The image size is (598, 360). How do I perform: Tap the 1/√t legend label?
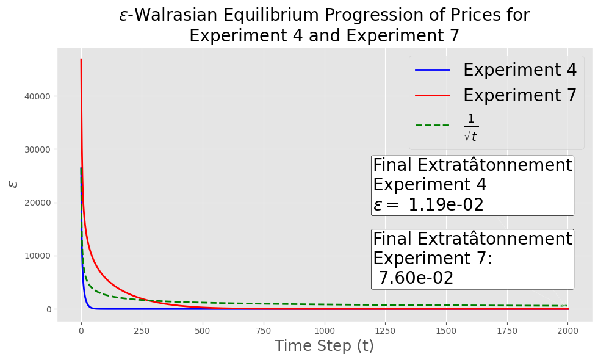pyautogui.click(x=471, y=128)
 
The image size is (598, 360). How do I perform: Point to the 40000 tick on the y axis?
pyautogui.click(x=37, y=96)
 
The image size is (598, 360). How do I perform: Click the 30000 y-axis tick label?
pyautogui.click(x=37, y=150)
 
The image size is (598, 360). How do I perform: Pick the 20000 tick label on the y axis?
pyautogui.click(x=37, y=203)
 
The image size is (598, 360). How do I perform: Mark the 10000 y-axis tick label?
pyautogui.click(x=37, y=256)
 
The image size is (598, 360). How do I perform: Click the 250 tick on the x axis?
pyautogui.click(x=142, y=331)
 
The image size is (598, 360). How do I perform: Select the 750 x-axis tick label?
pyautogui.click(x=263, y=331)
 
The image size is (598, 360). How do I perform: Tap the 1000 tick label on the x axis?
pyautogui.click(x=325, y=331)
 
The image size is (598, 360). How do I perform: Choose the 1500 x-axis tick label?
pyautogui.click(x=446, y=331)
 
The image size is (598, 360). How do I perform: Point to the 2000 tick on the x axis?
pyautogui.click(x=568, y=331)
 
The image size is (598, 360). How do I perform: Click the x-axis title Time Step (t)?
pyautogui.click(x=324, y=346)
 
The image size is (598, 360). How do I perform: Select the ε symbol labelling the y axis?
pyautogui.click(x=13, y=184)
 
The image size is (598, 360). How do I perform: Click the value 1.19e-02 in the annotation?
pyautogui.click(x=446, y=205)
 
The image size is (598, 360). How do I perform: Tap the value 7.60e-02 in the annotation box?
pyautogui.click(x=416, y=278)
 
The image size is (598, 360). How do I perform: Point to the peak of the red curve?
pyautogui.click(x=81, y=59)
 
